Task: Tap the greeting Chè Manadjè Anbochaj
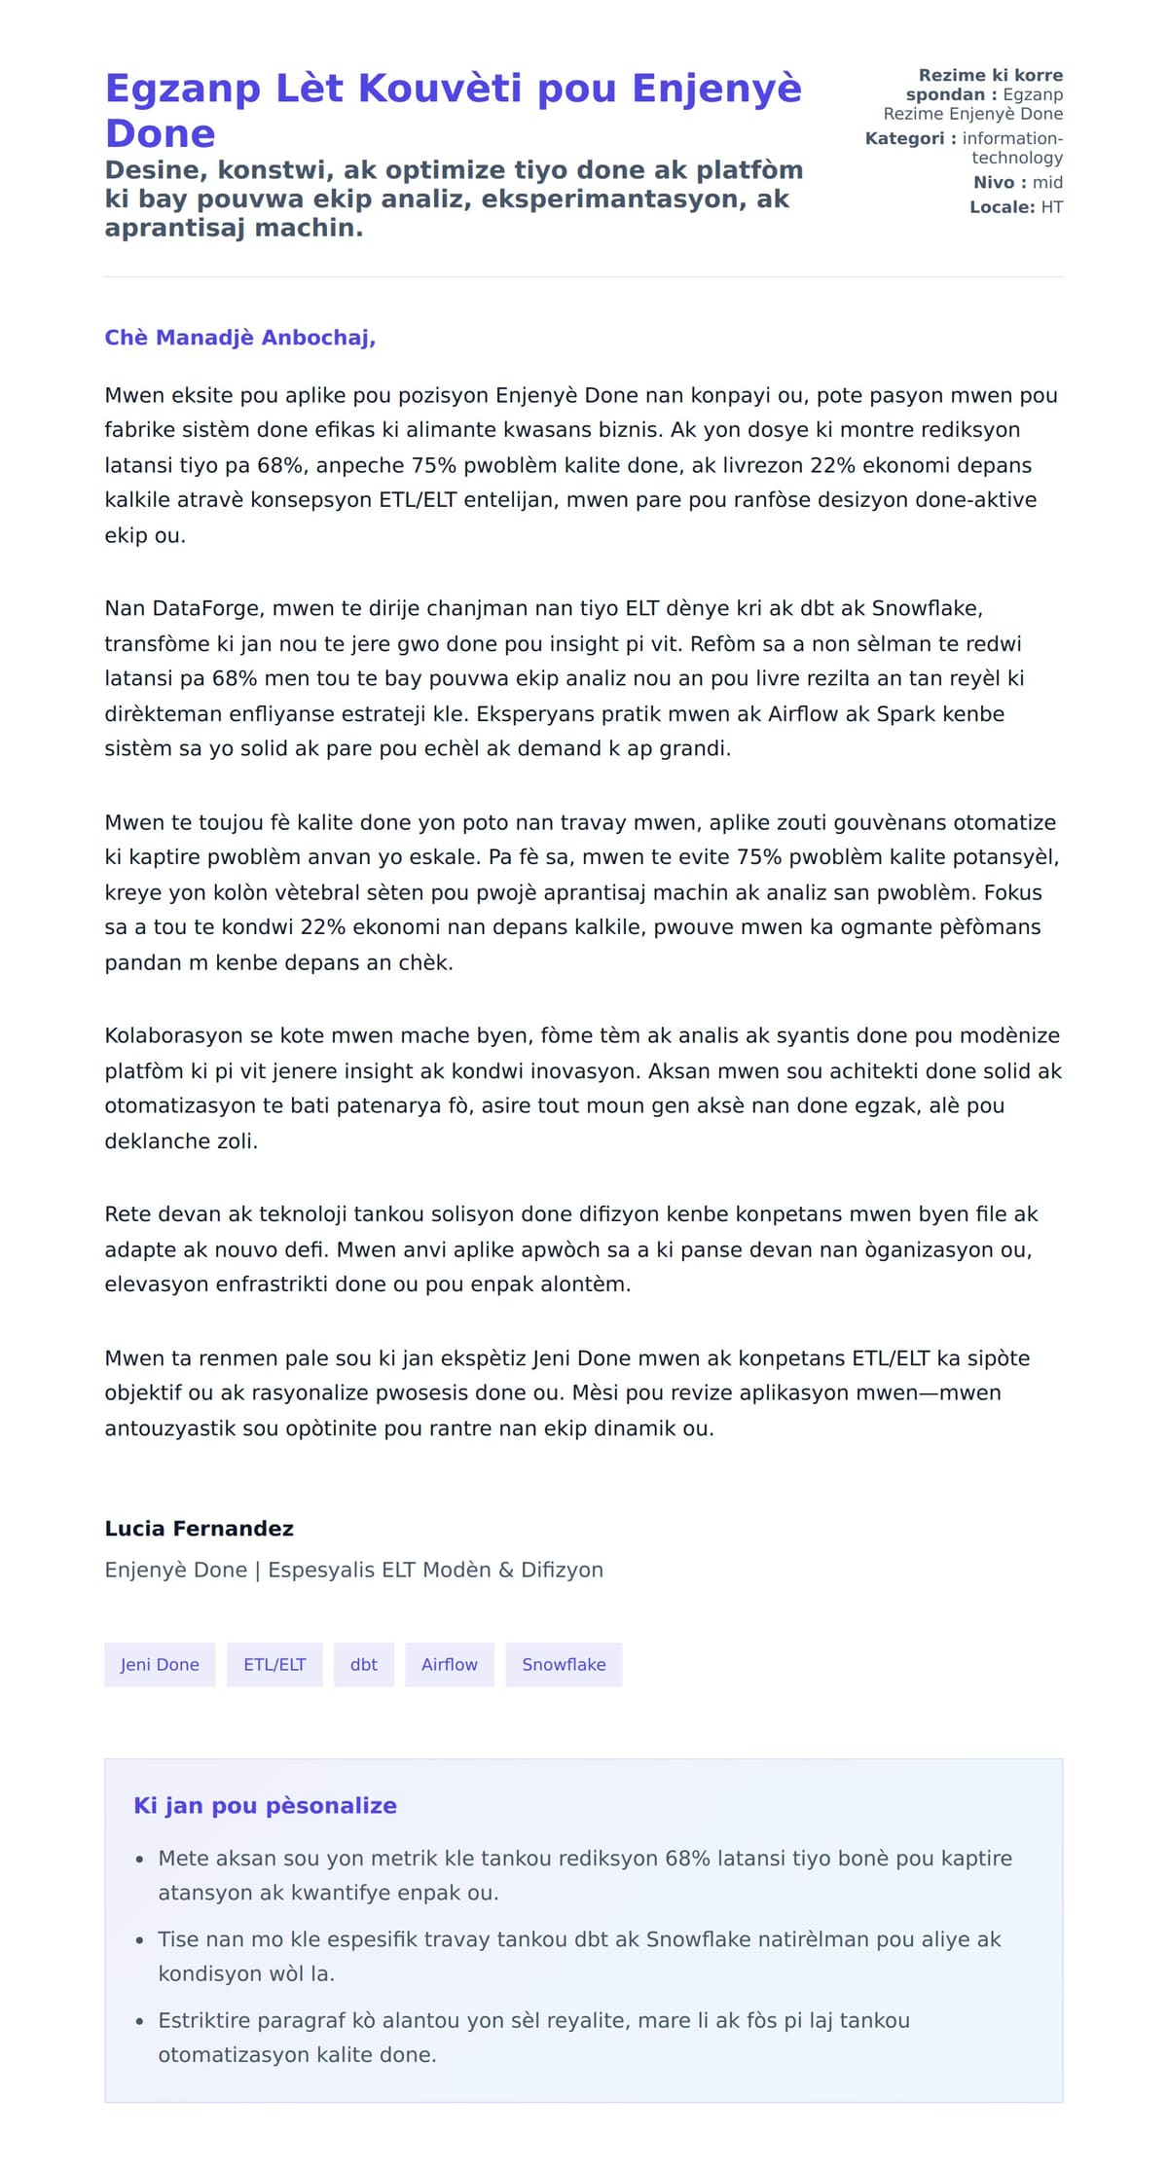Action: tap(239, 338)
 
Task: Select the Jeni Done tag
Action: tap(160, 1664)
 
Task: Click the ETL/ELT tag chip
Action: tap(274, 1664)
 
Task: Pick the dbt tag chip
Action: tap(363, 1664)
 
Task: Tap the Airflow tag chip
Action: tap(449, 1664)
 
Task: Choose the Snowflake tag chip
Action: tap(564, 1664)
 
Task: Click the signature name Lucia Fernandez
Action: tap(199, 1528)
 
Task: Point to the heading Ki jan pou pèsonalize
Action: tap(265, 1805)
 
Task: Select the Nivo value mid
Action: tap(1047, 182)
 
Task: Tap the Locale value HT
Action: tap(1051, 206)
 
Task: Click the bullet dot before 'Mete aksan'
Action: tap(140, 1859)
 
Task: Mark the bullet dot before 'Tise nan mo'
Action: tap(140, 1939)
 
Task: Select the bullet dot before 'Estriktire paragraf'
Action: tap(140, 2020)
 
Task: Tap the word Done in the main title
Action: tap(160, 133)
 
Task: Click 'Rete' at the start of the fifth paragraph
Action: tap(126, 1214)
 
